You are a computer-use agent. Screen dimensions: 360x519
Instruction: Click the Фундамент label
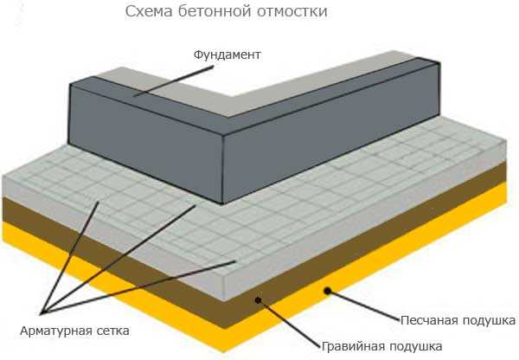pos(227,55)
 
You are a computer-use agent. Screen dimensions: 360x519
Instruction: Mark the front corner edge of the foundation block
pos(226,164)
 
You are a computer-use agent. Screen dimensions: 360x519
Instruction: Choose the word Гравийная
pos(350,346)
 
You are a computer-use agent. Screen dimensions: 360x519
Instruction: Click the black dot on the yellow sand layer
pos(327,290)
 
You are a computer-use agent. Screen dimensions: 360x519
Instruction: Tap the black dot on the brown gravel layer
pos(258,300)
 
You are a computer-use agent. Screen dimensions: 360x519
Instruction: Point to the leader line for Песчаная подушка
pos(363,305)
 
